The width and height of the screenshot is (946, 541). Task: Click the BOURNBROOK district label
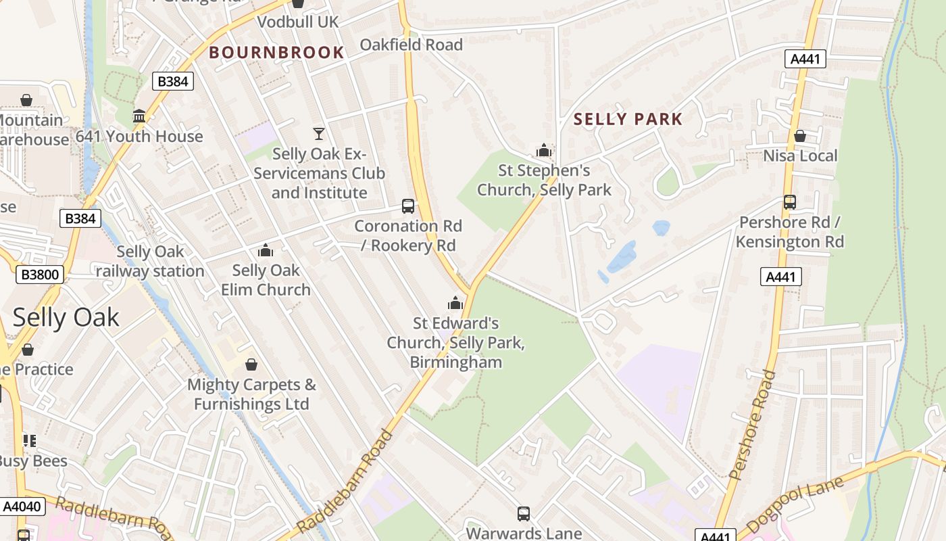click(x=276, y=52)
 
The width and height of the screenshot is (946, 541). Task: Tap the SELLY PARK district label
click(x=628, y=120)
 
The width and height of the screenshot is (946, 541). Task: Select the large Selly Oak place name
click(x=66, y=317)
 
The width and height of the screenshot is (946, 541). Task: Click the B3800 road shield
click(x=40, y=275)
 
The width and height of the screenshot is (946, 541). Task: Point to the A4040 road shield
click(x=22, y=507)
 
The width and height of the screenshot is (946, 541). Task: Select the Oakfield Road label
click(x=411, y=45)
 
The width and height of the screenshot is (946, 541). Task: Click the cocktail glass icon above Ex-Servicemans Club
click(x=319, y=134)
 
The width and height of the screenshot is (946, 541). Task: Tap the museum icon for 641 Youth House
click(x=139, y=116)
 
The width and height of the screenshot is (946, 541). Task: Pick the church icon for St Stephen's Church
click(x=544, y=150)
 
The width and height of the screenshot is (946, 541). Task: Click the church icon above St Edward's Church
click(x=456, y=303)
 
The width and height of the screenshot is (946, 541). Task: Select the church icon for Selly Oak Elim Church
click(x=266, y=251)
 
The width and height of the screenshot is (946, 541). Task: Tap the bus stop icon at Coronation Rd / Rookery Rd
click(x=408, y=206)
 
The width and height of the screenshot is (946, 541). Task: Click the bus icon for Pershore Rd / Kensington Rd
click(x=789, y=202)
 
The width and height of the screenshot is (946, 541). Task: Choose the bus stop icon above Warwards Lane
click(x=524, y=514)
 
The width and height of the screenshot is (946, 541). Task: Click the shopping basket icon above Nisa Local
click(x=800, y=136)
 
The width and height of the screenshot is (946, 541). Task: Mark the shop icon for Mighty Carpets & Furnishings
click(x=251, y=365)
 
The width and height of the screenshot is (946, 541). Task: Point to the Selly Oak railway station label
click(x=150, y=261)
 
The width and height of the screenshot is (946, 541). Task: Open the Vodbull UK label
click(x=297, y=22)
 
